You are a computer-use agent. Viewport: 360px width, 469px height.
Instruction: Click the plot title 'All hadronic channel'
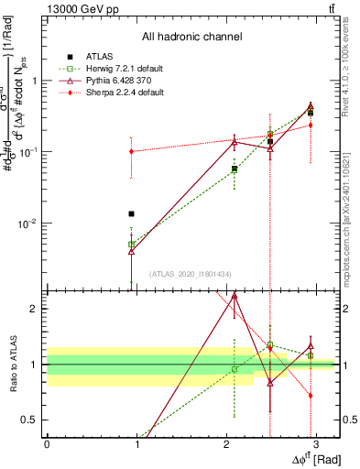[x=191, y=38]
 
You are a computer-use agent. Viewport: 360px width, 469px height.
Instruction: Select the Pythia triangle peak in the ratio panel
[x=235, y=296]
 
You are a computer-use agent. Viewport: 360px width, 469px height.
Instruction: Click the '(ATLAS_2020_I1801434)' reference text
[x=191, y=274]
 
